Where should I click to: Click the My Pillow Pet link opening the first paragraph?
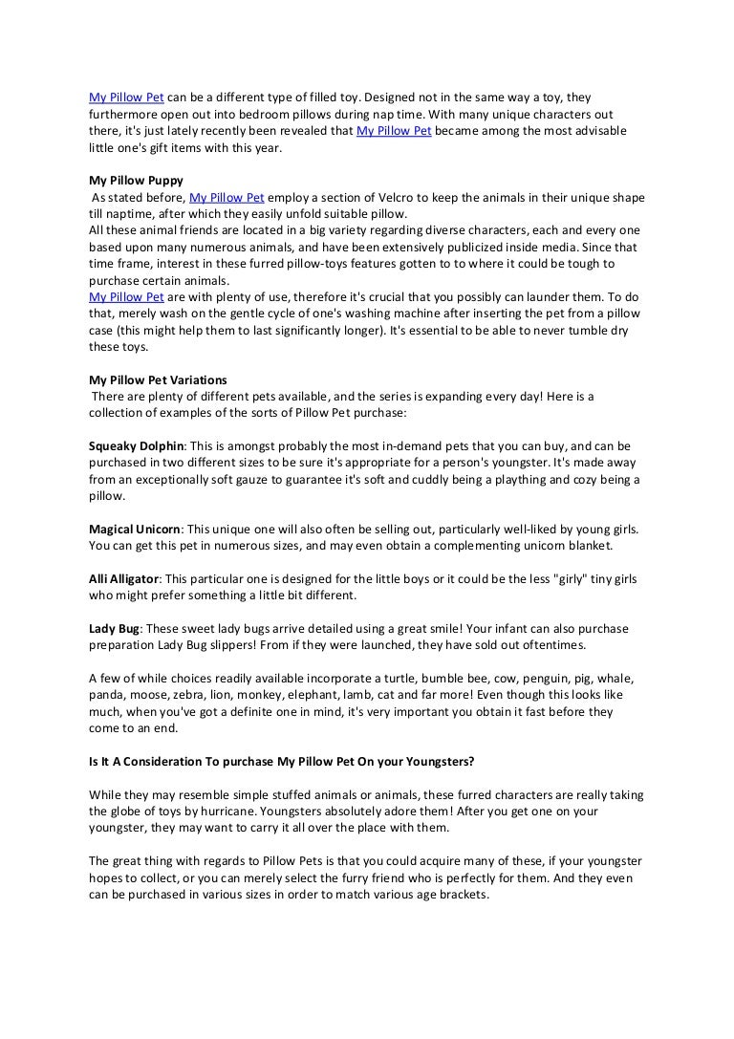tap(126, 98)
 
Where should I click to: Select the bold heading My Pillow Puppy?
tap(136, 180)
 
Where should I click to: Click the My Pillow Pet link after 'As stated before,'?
tap(227, 198)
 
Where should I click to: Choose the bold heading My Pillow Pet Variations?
tap(158, 379)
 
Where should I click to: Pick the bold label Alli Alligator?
tap(124, 578)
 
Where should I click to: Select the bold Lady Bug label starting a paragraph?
tap(115, 628)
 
